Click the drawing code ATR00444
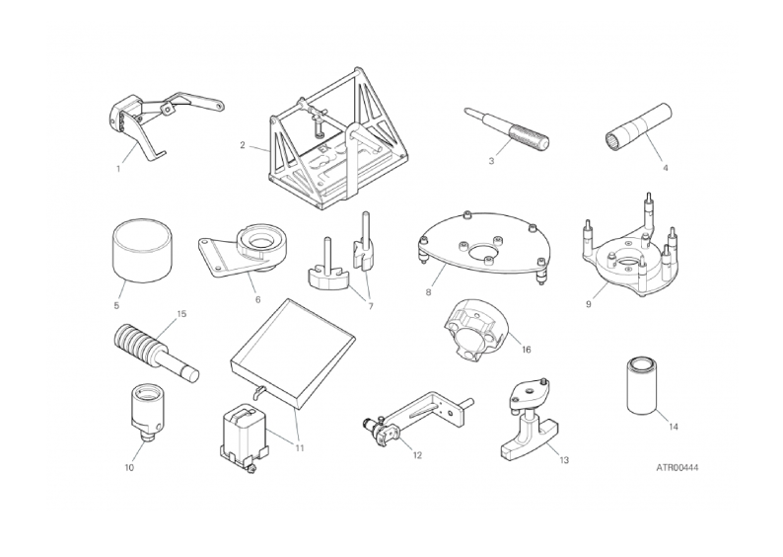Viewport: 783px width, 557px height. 677,468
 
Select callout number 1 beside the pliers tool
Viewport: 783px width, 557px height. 118,169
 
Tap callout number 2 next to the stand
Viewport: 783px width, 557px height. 243,145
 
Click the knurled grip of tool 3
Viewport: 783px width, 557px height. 529,136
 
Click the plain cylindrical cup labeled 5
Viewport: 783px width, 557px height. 142,250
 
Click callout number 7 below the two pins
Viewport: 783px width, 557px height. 371,306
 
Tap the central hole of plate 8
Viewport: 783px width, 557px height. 483,251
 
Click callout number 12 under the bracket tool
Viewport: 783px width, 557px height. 417,455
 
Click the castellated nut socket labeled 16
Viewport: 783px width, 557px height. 474,334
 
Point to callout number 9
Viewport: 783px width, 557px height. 589,304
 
